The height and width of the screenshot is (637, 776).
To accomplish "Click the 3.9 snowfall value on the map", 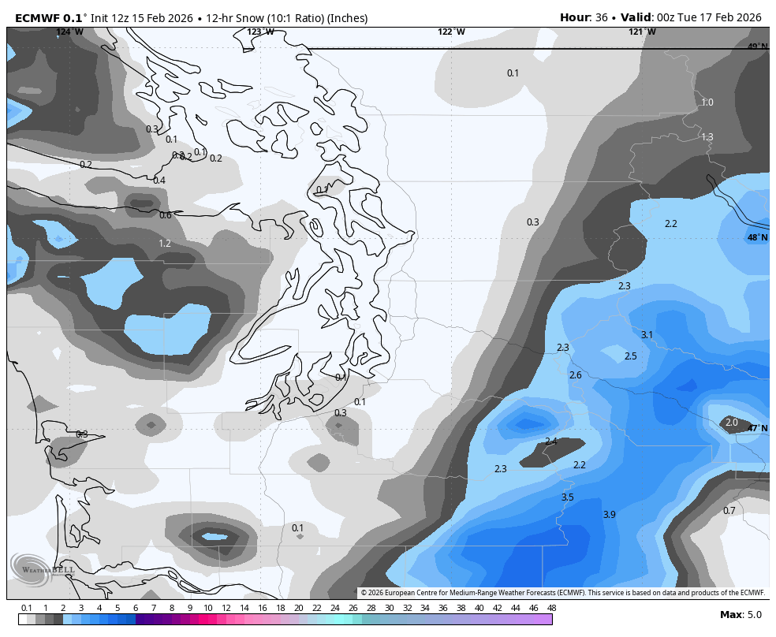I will (x=609, y=515).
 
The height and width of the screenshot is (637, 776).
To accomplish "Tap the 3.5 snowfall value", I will (x=567, y=497).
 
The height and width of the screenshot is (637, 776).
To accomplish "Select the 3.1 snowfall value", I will (x=647, y=335).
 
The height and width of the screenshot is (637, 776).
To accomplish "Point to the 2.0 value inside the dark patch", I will (x=731, y=423).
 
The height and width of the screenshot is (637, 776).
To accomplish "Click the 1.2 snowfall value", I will (x=165, y=244).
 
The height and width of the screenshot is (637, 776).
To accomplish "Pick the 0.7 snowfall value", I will (x=729, y=511).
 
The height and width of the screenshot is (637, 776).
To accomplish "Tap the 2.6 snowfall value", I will (x=575, y=375).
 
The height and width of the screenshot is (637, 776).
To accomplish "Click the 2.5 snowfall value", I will (x=630, y=356).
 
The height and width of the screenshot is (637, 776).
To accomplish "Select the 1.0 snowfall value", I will (x=707, y=102).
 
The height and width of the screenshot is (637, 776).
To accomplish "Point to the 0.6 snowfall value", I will (x=165, y=215).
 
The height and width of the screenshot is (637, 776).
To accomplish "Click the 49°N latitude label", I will (x=757, y=47).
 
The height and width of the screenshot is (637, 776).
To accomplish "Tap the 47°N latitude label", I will (x=757, y=428).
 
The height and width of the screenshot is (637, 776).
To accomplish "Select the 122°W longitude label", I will (x=451, y=32).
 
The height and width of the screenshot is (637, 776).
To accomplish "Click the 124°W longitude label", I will (x=69, y=32).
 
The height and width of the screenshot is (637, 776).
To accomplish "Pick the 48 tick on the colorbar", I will (x=551, y=608).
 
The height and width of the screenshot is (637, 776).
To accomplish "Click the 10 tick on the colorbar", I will (x=207, y=608).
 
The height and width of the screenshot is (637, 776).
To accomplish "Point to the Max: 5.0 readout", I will (x=741, y=615).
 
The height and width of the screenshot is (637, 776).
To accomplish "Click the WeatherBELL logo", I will (x=39, y=568).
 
